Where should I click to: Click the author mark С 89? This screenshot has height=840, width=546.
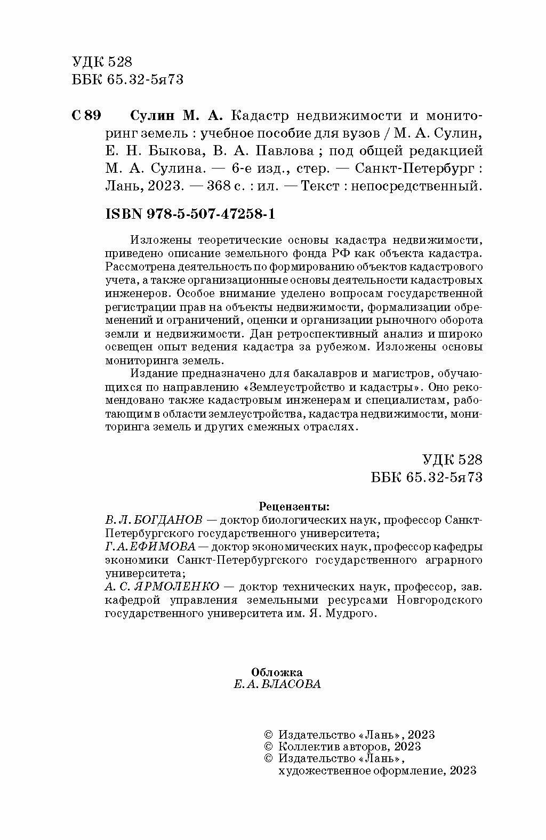(x=85, y=116)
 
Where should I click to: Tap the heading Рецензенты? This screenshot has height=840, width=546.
(x=294, y=506)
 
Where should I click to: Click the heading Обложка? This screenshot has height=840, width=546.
(x=277, y=673)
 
